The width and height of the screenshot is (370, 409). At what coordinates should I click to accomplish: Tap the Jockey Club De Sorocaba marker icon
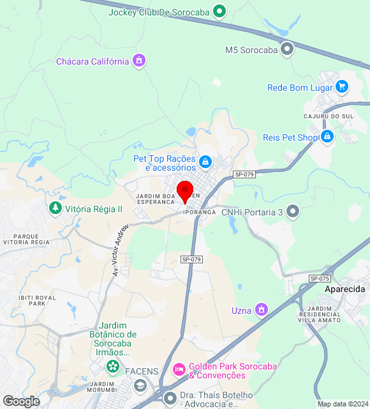219,11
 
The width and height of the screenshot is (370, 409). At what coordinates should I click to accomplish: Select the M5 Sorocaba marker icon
287,49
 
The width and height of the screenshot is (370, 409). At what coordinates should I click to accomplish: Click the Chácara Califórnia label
93,61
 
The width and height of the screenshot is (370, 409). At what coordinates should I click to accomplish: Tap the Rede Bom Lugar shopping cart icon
342,87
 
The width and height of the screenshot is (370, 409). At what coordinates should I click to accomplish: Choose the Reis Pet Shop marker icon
327,137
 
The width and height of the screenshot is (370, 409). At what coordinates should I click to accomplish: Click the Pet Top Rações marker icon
205,162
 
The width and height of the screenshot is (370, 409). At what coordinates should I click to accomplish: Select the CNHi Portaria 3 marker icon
293,212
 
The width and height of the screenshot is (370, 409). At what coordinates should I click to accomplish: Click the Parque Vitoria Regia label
26,240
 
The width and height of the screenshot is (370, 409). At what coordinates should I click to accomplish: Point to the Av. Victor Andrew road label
120,251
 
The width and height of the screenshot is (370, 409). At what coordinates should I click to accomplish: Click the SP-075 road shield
320,279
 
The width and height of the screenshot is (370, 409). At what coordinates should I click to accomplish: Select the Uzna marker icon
260,311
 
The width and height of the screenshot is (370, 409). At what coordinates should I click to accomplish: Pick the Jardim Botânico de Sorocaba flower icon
113,366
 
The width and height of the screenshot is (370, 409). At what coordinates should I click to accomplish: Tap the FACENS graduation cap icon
140,386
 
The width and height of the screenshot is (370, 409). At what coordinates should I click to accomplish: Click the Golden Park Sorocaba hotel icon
179,370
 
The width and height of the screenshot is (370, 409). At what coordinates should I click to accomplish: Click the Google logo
20,401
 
